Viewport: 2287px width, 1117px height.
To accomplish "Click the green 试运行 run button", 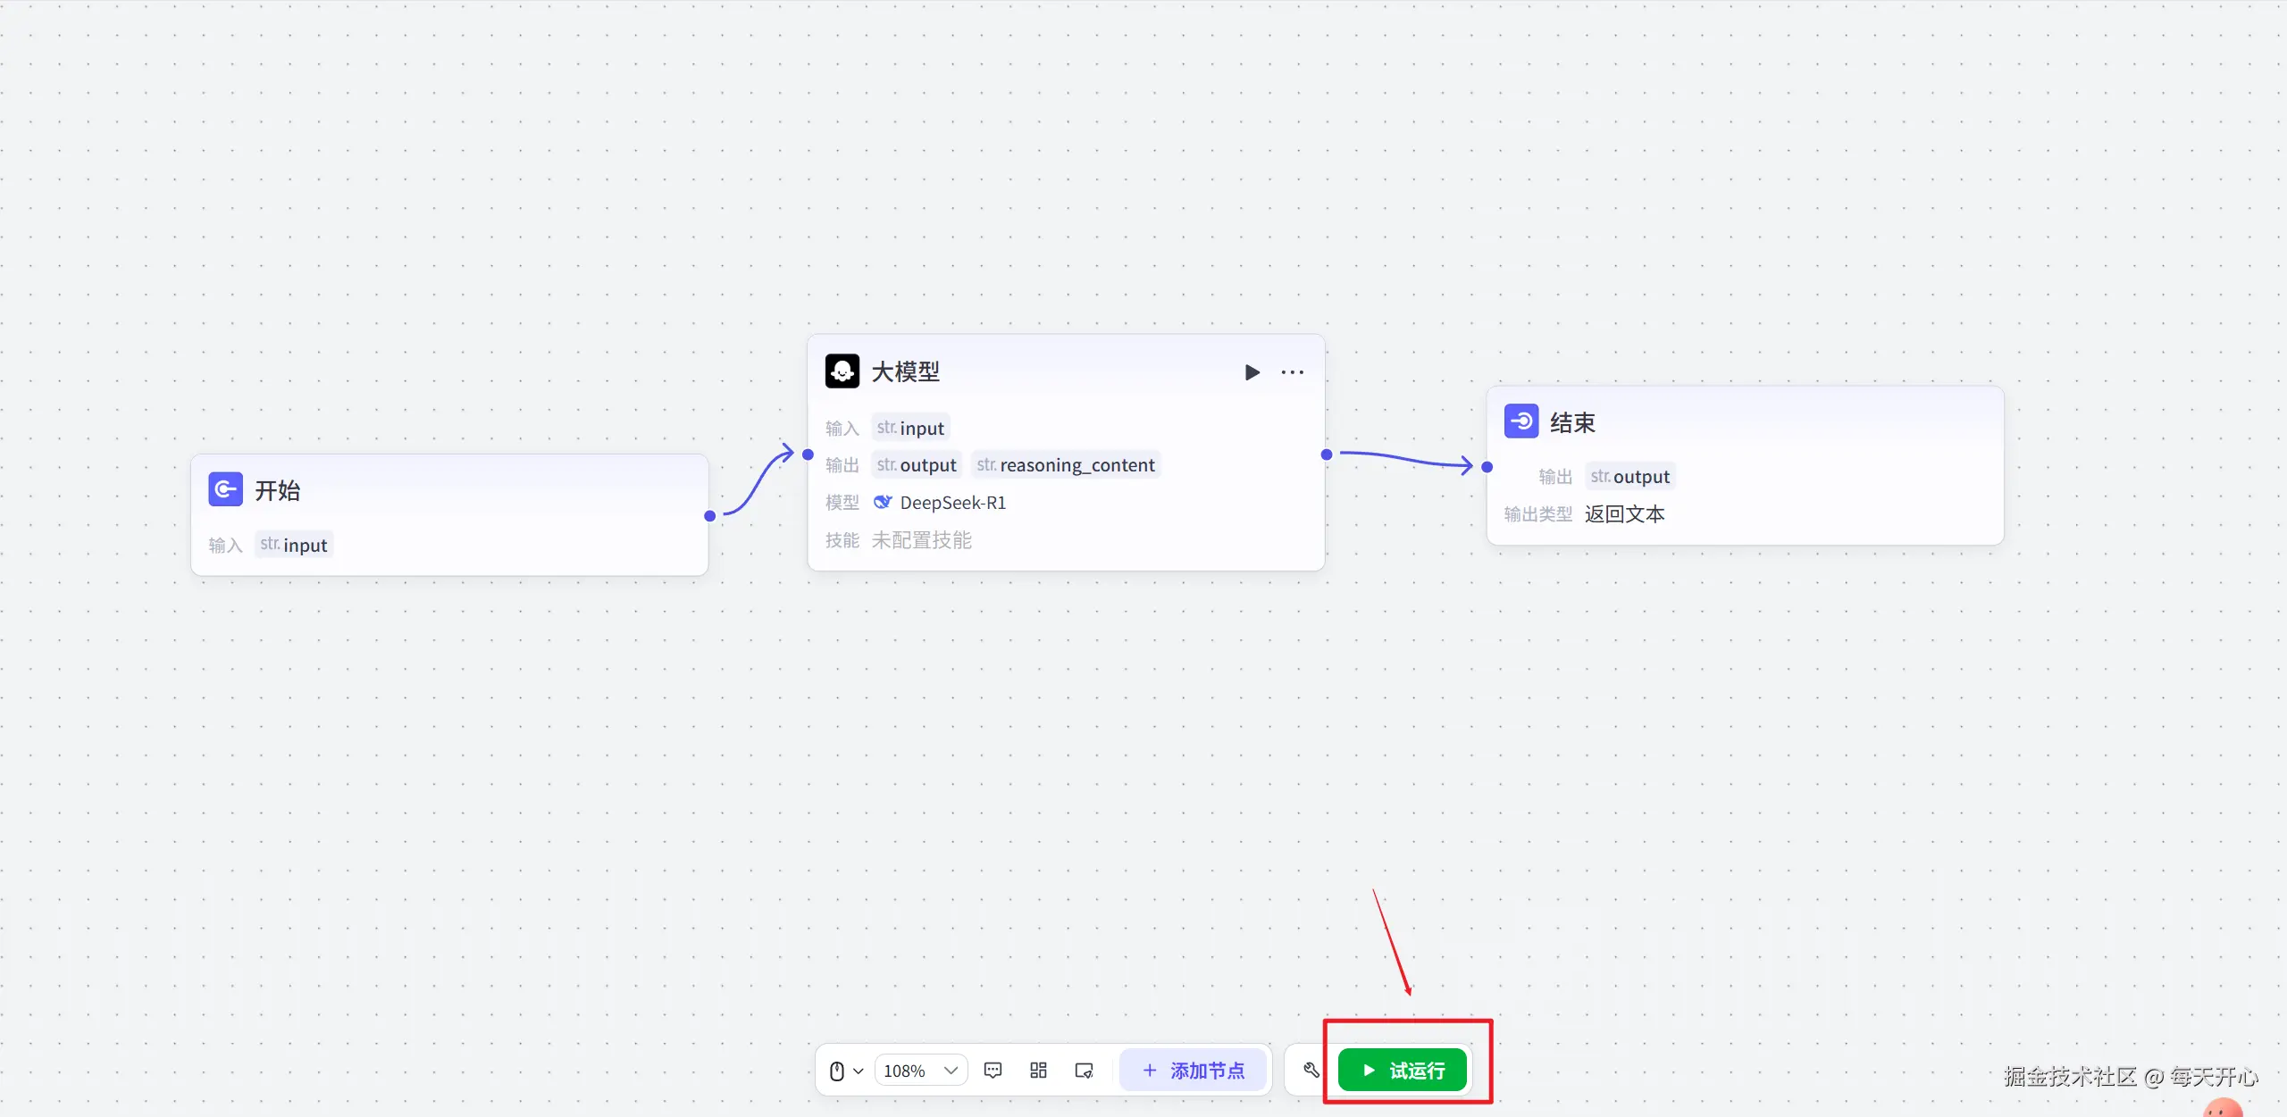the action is point(1403,1070).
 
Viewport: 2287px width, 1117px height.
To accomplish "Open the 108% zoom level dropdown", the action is point(920,1070).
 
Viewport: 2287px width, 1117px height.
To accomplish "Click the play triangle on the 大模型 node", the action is point(1252,372).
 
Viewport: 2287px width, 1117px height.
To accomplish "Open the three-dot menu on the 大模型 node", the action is point(1293,372).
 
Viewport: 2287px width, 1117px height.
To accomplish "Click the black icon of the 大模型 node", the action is point(842,371).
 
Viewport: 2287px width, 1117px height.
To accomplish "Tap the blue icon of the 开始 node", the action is point(226,489).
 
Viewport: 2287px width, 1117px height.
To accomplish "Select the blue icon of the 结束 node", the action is point(1521,421).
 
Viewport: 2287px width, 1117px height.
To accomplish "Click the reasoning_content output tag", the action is point(1066,465).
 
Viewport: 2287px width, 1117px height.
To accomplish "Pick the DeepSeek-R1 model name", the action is point(952,503).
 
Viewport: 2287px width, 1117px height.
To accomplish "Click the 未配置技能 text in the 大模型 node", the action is point(922,540).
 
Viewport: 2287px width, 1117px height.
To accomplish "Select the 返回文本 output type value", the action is point(1625,514).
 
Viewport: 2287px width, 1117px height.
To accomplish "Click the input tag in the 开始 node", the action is point(294,545).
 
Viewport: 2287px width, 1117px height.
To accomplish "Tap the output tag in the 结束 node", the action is point(1630,477).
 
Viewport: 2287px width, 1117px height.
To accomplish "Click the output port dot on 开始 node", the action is point(710,516).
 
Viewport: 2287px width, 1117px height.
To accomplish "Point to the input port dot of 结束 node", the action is point(1487,467).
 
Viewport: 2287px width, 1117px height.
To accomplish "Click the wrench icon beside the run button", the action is point(1311,1070).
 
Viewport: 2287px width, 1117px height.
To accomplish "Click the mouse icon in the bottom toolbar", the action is point(837,1071).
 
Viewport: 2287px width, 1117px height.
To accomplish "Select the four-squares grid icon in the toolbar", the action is point(1038,1070).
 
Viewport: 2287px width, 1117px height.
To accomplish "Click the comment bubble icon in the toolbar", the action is point(993,1070).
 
